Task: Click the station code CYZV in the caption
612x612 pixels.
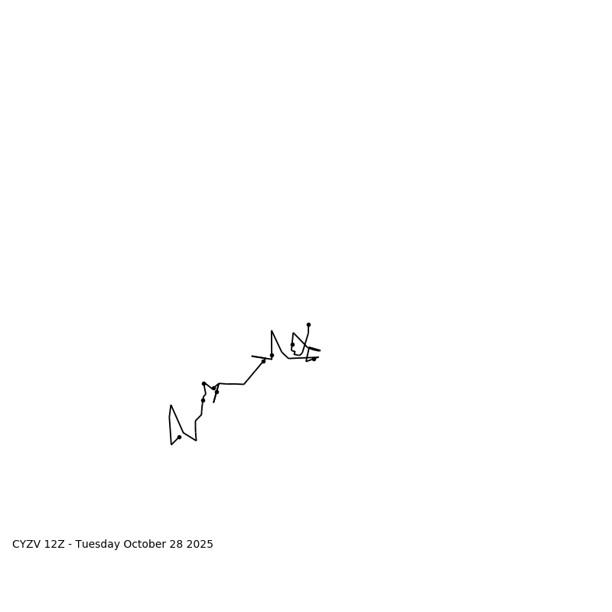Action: pyautogui.click(x=27, y=545)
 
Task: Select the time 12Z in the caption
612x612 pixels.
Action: pyautogui.click(x=54, y=545)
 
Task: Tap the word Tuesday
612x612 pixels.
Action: pyautogui.click(x=96, y=545)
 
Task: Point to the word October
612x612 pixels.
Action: pyautogui.click(x=144, y=545)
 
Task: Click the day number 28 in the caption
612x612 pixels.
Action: pyautogui.click(x=175, y=545)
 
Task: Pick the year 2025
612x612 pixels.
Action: pyautogui.click(x=199, y=545)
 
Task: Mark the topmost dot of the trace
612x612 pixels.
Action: pyautogui.click(x=308, y=324)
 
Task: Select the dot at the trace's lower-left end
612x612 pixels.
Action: pyautogui.click(x=179, y=437)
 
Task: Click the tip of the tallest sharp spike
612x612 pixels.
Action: pyautogui.click(x=272, y=330)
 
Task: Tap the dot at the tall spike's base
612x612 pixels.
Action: pyautogui.click(x=272, y=355)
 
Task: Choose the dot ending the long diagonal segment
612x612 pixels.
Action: pyautogui.click(x=263, y=361)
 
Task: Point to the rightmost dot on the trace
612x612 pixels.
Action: pyautogui.click(x=314, y=359)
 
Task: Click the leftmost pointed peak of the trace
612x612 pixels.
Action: pyautogui.click(x=171, y=405)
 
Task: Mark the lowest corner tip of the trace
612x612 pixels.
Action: pyautogui.click(x=171, y=444)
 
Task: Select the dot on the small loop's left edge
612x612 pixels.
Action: pyautogui.click(x=292, y=344)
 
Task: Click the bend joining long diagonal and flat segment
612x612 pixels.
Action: pyautogui.click(x=244, y=384)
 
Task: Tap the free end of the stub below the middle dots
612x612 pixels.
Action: pyautogui.click(x=213, y=402)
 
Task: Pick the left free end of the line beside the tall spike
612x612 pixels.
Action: pyautogui.click(x=252, y=356)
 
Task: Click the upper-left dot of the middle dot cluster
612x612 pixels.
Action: pyautogui.click(x=203, y=383)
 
